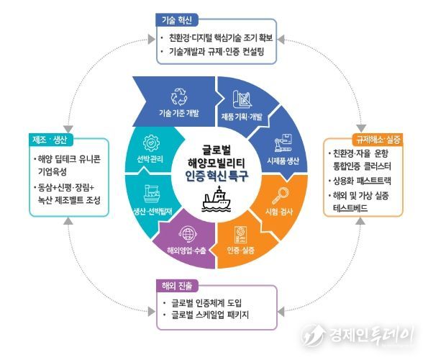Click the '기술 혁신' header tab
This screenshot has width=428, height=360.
click(177, 20)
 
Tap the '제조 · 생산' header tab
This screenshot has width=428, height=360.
click(50, 140)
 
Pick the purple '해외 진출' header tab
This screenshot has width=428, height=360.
click(177, 286)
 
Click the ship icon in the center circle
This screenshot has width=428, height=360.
click(217, 199)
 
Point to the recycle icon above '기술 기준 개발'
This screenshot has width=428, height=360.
click(179, 96)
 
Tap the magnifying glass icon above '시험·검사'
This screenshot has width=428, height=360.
click(280, 196)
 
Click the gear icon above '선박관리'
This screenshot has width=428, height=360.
click(151, 143)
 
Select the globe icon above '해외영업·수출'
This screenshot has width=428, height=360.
click(188, 234)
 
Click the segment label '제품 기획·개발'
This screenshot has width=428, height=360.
click(242, 117)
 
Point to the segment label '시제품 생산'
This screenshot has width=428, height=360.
click(283, 161)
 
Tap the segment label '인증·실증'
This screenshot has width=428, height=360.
click(241, 251)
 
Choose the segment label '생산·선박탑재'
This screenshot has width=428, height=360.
click(152, 212)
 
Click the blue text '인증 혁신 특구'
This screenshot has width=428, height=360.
click(217, 176)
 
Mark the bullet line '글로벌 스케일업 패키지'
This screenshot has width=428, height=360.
click(210, 315)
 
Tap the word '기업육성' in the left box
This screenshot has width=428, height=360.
click(52, 172)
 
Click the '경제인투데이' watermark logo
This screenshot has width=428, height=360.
click(358, 336)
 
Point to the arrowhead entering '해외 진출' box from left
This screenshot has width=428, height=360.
click(152, 311)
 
